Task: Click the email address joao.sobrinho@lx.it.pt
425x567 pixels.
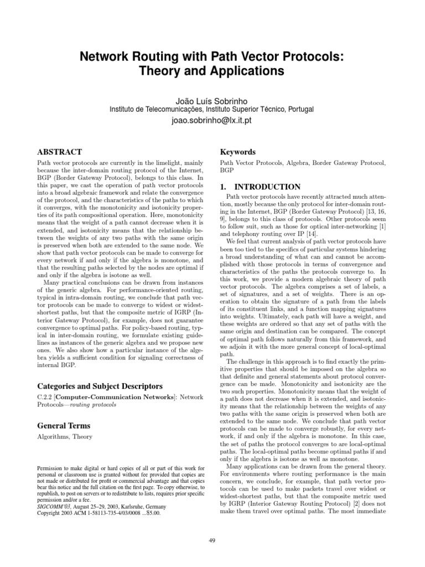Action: pyautogui.click(x=212, y=120)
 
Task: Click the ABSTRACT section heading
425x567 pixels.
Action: pyautogui.click(x=59, y=152)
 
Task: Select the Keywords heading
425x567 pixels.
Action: pyautogui.click(x=237, y=152)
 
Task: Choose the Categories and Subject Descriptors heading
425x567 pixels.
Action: pyautogui.click(x=92, y=385)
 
